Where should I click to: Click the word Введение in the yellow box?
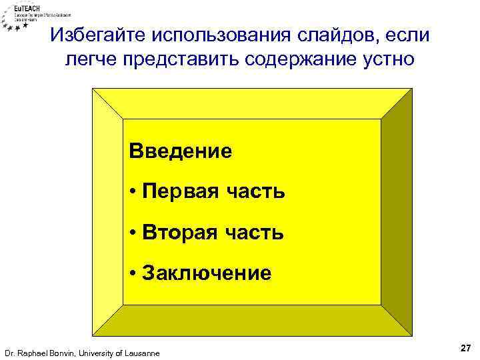pos(181,151)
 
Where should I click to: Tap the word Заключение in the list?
pos(207,273)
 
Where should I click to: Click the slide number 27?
pos(465,348)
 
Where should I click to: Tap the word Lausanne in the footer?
pos(141,353)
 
